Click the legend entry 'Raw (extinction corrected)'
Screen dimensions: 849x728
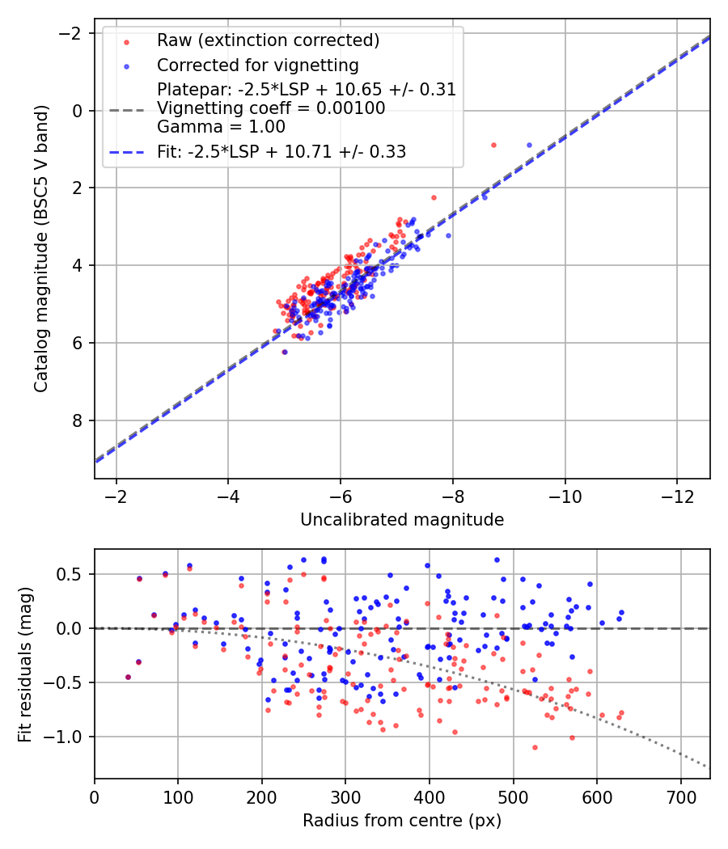click(x=268, y=40)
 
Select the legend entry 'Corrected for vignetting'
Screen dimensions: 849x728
click(x=257, y=65)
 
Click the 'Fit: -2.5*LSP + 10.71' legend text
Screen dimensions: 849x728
click(x=281, y=151)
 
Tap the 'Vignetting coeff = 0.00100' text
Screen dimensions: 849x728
click(x=271, y=108)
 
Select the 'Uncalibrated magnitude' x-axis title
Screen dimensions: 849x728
click(x=402, y=519)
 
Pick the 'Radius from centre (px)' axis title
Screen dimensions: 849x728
click(x=402, y=821)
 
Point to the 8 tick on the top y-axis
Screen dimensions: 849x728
click(x=78, y=420)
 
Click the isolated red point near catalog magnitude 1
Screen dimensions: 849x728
click(x=493, y=145)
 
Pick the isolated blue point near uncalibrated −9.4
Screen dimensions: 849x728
click(x=529, y=145)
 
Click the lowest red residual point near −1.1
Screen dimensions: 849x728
click(x=535, y=747)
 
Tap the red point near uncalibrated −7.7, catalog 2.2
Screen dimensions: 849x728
click(x=434, y=197)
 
